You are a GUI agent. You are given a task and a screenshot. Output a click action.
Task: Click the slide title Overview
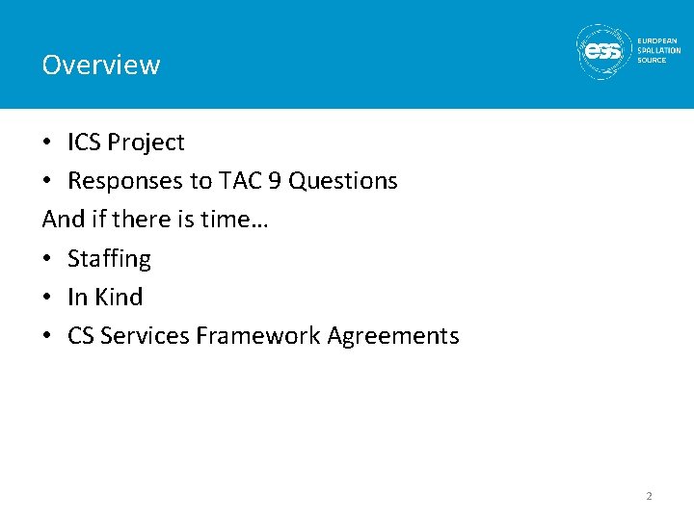tap(101, 65)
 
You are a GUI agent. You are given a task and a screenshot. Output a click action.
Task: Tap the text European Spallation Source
tap(658, 51)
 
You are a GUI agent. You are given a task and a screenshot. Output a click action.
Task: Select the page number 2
tap(649, 496)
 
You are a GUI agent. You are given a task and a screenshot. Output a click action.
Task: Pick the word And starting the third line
tap(64, 220)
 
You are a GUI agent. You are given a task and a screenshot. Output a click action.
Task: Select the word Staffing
tap(109, 259)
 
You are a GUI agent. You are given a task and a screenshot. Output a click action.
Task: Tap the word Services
tap(145, 336)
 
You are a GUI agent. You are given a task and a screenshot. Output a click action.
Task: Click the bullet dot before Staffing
tap(47, 259)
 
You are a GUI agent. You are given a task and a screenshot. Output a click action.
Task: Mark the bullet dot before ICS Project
tap(47, 143)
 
